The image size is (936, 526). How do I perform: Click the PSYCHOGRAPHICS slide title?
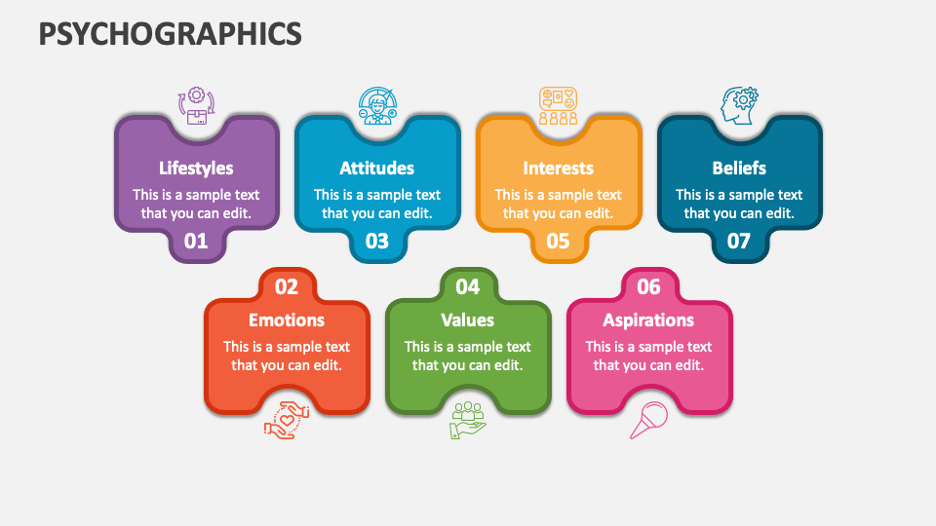click(x=171, y=34)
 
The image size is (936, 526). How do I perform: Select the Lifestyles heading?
click(x=196, y=168)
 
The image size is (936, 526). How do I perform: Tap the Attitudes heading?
click(x=376, y=168)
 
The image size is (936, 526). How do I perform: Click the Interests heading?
click(x=558, y=168)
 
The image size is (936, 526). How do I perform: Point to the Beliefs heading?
click(x=739, y=168)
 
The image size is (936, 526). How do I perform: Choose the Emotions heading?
click(x=287, y=319)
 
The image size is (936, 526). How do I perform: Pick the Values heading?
click(x=468, y=319)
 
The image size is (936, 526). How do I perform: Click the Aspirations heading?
click(x=648, y=319)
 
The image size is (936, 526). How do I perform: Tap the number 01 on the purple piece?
click(x=196, y=241)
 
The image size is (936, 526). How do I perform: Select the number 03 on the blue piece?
click(x=376, y=241)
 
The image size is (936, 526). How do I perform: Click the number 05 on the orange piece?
click(x=558, y=241)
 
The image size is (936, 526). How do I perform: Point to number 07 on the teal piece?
click(x=739, y=241)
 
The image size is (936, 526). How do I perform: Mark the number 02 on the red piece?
click(x=287, y=286)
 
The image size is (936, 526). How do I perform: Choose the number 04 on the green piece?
click(x=468, y=286)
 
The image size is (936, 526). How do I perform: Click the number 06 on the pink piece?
click(x=648, y=286)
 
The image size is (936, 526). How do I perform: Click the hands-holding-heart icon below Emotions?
click(x=287, y=419)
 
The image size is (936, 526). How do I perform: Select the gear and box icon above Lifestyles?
click(x=196, y=105)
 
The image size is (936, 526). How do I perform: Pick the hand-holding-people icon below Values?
click(x=468, y=419)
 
